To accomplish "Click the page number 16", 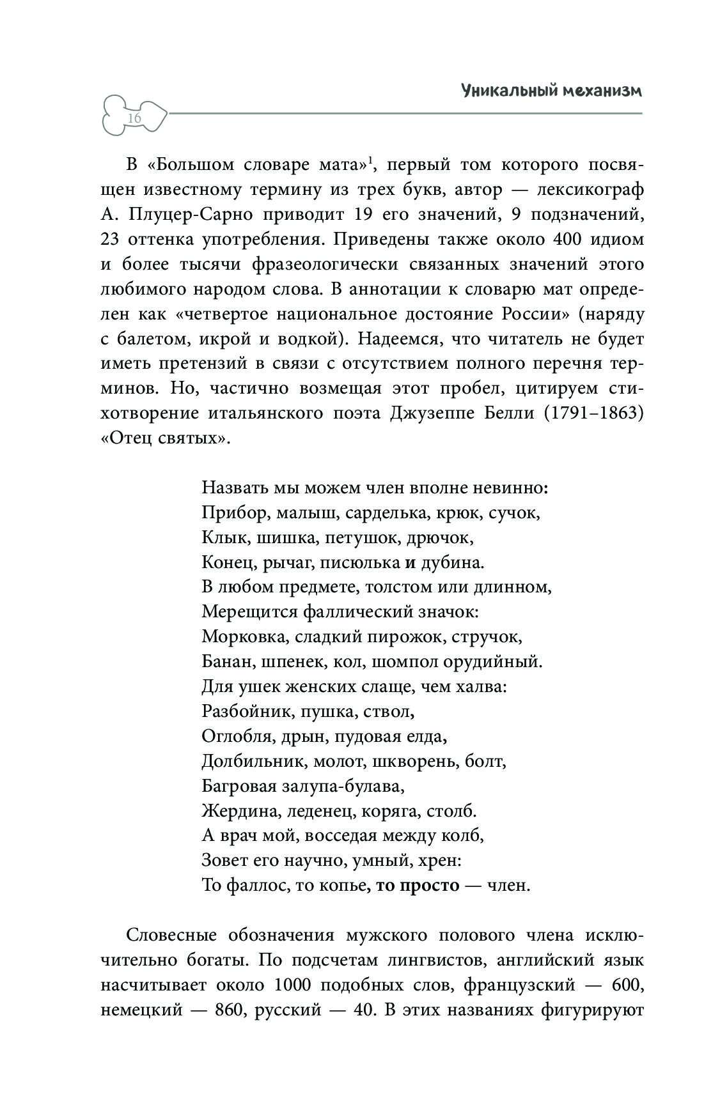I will tap(134, 119).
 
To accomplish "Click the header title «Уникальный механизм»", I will tap(551, 91).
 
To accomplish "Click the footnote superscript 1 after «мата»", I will tap(371, 160).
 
